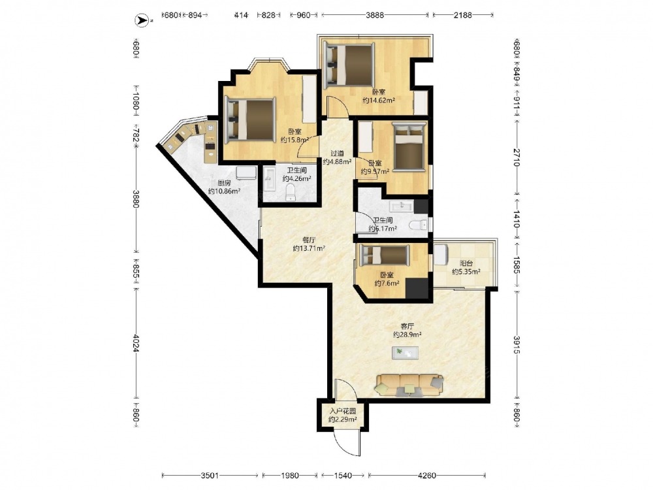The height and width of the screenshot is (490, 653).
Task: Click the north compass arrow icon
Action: pos(141,20)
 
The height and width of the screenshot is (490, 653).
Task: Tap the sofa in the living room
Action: pos(409,385)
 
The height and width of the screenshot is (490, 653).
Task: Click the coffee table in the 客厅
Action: pos(406,353)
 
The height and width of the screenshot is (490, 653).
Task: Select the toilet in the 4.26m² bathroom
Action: pos(291,193)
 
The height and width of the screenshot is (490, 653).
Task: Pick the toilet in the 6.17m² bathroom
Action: pos(418,225)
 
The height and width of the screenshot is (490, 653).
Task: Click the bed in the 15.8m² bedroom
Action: pos(250,120)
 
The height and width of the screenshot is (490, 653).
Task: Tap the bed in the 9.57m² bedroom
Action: pos(409,146)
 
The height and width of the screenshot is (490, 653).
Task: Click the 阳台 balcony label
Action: pos(466,263)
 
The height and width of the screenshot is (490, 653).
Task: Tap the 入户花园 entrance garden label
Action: pos(342,411)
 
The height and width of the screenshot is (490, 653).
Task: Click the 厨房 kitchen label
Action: pos(225,183)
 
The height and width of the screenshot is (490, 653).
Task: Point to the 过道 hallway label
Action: pos(338,154)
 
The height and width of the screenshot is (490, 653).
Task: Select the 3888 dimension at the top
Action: pos(375,16)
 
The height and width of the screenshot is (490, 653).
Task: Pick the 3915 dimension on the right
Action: pos(517,345)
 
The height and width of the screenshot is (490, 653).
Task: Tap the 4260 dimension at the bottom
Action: pos(427,475)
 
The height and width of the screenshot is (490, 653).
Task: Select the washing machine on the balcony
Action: pos(441,255)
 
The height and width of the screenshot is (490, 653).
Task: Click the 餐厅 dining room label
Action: pos(309,240)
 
